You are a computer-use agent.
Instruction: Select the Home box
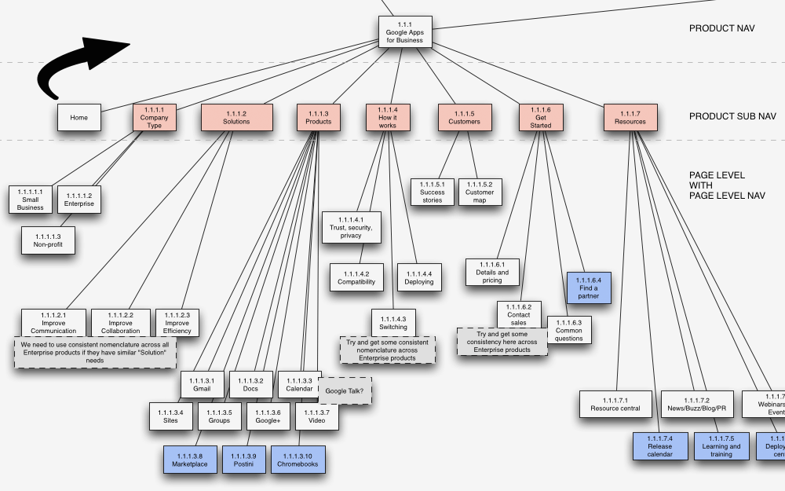point(79,118)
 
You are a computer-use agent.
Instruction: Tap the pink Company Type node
point(155,118)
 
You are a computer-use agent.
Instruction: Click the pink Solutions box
point(236,118)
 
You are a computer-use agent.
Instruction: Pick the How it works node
point(388,118)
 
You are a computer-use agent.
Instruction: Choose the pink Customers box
point(464,118)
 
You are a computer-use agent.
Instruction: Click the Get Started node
point(540,118)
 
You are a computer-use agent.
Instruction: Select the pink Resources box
point(630,118)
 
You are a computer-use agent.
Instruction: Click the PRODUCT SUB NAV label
point(732,116)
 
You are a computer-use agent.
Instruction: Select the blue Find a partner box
point(589,288)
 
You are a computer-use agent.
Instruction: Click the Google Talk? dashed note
point(345,391)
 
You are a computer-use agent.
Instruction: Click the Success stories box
point(432,192)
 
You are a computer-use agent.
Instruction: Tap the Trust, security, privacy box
point(351,227)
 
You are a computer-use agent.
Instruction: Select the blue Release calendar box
point(660,446)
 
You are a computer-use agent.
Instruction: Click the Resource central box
point(615,404)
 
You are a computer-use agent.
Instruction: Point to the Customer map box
point(480,192)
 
